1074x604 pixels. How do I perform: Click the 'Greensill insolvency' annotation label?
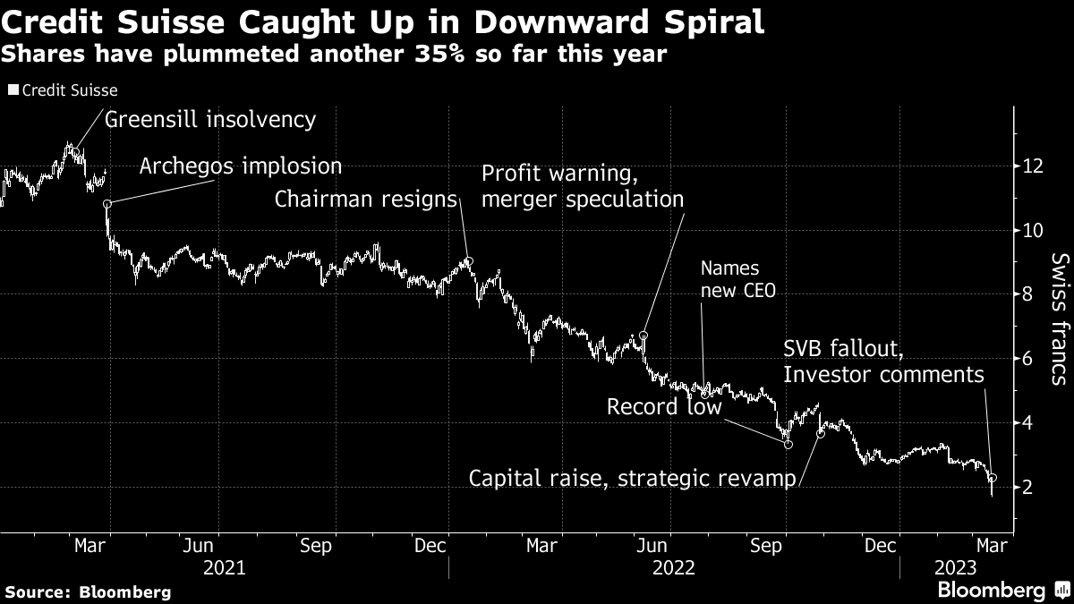[x=210, y=119]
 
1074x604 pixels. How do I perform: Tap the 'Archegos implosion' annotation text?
[x=241, y=166]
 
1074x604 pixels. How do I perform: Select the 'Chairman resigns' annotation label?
[x=366, y=199]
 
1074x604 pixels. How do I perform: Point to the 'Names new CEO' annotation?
[x=729, y=279]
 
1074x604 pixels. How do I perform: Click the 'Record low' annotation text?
[x=664, y=407]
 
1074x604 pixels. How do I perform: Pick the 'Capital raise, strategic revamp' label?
[x=633, y=479]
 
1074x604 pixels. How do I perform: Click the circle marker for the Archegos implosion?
[x=107, y=204]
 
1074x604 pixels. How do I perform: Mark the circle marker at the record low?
[x=788, y=444]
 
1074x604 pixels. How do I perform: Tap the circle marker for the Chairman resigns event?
[x=469, y=261]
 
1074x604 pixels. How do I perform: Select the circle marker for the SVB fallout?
[x=993, y=478]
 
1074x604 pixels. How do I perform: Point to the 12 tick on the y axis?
[x=1031, y=166]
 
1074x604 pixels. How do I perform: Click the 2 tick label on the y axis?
[x=1028, y=487]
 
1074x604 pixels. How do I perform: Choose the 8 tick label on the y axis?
[x=1028, y=294]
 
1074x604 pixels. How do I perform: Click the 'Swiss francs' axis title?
[x=1059, y=319]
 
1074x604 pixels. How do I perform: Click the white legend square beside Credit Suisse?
[x=13, y=90]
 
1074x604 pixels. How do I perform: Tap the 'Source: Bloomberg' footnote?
[x=87, y=591]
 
